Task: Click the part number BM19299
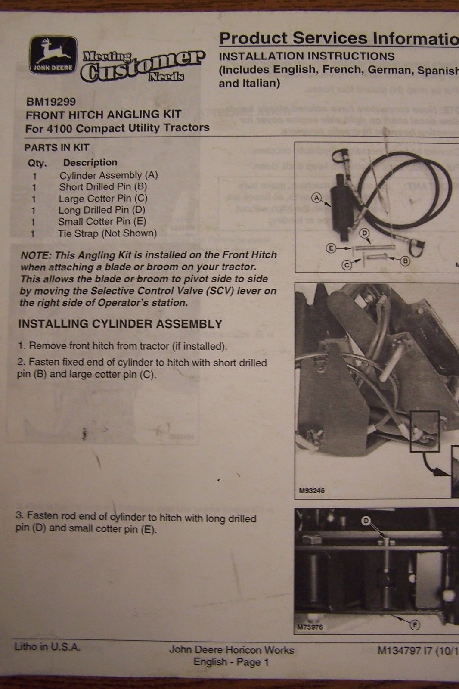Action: (51, 102)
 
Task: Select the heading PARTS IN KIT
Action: (56, 148)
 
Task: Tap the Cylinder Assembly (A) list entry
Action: (109, 175)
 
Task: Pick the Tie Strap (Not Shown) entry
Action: (107, 233)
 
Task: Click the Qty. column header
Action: (37, 163)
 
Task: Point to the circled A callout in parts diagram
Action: (316, 198)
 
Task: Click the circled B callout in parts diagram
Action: (405, 261)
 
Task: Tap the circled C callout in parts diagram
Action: (347, 265)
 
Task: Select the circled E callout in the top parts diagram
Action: (331, 248)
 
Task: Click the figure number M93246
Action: (312, 490)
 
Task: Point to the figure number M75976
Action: (310, 627)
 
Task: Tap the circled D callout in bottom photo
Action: (366, 521)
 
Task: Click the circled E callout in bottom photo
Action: (415, 625)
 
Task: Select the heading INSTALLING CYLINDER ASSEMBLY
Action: (120, 324)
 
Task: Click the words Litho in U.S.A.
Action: (47, 646)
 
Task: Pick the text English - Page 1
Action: (231, 662)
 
